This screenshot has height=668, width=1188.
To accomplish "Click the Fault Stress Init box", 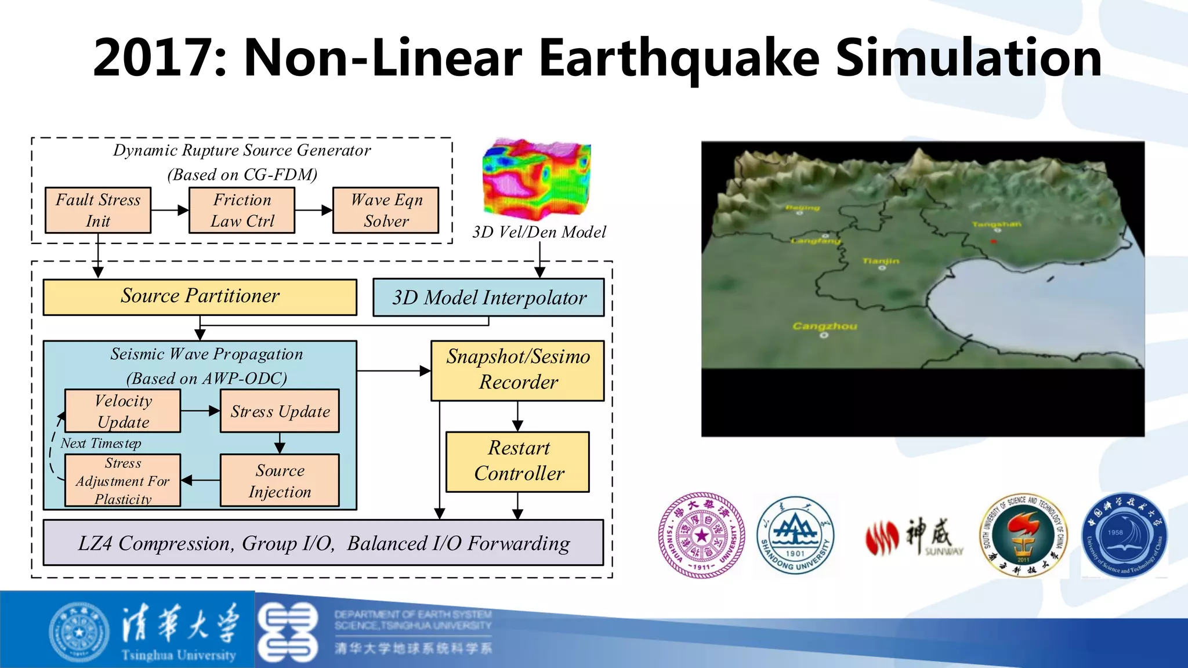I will click(98, 210).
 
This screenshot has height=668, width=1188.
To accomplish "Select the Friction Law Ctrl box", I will click(242, 210).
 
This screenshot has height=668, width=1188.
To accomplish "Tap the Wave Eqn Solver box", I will click(386, 210).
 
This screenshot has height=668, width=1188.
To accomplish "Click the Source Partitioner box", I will click(200, 297).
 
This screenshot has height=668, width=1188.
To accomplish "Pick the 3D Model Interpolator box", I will click(488, 297).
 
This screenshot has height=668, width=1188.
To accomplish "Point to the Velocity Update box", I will click(123, 411).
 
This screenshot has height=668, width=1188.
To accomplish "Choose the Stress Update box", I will click(280, 411).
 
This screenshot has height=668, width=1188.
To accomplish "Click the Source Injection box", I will click(280, 480).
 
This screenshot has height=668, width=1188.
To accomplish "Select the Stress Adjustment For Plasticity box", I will click(123, 480).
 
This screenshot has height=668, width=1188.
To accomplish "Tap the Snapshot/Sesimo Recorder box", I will click(517, 370).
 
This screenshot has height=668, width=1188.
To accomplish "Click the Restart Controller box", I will click(517, 462).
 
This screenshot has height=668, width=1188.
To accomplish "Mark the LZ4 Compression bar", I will click(323, 543).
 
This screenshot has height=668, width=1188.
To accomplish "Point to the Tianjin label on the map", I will click(881, 262).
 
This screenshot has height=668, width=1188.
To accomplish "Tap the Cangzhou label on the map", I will click(824, 326).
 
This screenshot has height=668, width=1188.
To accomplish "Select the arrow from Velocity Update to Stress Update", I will click(200, 411).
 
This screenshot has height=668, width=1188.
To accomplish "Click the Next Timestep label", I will click(101, 444).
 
